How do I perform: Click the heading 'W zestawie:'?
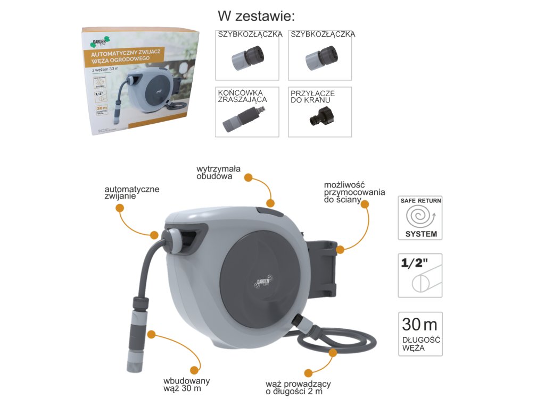(256, 15)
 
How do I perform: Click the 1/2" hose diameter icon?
(420, 275)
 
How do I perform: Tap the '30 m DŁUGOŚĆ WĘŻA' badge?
(420, 333)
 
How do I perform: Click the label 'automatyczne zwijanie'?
(131, 192)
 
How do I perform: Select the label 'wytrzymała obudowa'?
(218, 173)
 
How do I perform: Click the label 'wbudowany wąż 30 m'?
(186, 385)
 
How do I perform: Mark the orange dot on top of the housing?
(270, 203)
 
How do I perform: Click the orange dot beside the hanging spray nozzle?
(151, 335)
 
